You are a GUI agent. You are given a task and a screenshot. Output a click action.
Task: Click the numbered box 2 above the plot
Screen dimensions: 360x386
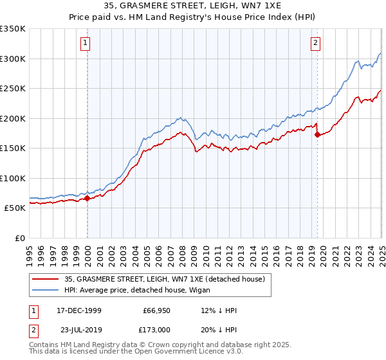click(316, 44)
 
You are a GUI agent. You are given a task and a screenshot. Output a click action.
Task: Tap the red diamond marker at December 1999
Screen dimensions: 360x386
click(87, 198)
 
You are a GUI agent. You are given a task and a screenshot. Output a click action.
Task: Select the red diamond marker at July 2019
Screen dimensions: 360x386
click(317, 135)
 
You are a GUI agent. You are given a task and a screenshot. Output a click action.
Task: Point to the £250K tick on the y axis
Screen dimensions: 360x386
click(13, 89)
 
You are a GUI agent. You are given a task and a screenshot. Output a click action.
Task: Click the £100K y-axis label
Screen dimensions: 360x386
click(13, 178)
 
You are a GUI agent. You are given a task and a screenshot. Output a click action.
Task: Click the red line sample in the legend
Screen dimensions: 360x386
click(46, 279)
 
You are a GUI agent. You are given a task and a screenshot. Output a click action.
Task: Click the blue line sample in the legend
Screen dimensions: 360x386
click(46, 291)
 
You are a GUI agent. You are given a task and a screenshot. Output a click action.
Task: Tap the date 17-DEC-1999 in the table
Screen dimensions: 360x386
click(78, 310)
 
